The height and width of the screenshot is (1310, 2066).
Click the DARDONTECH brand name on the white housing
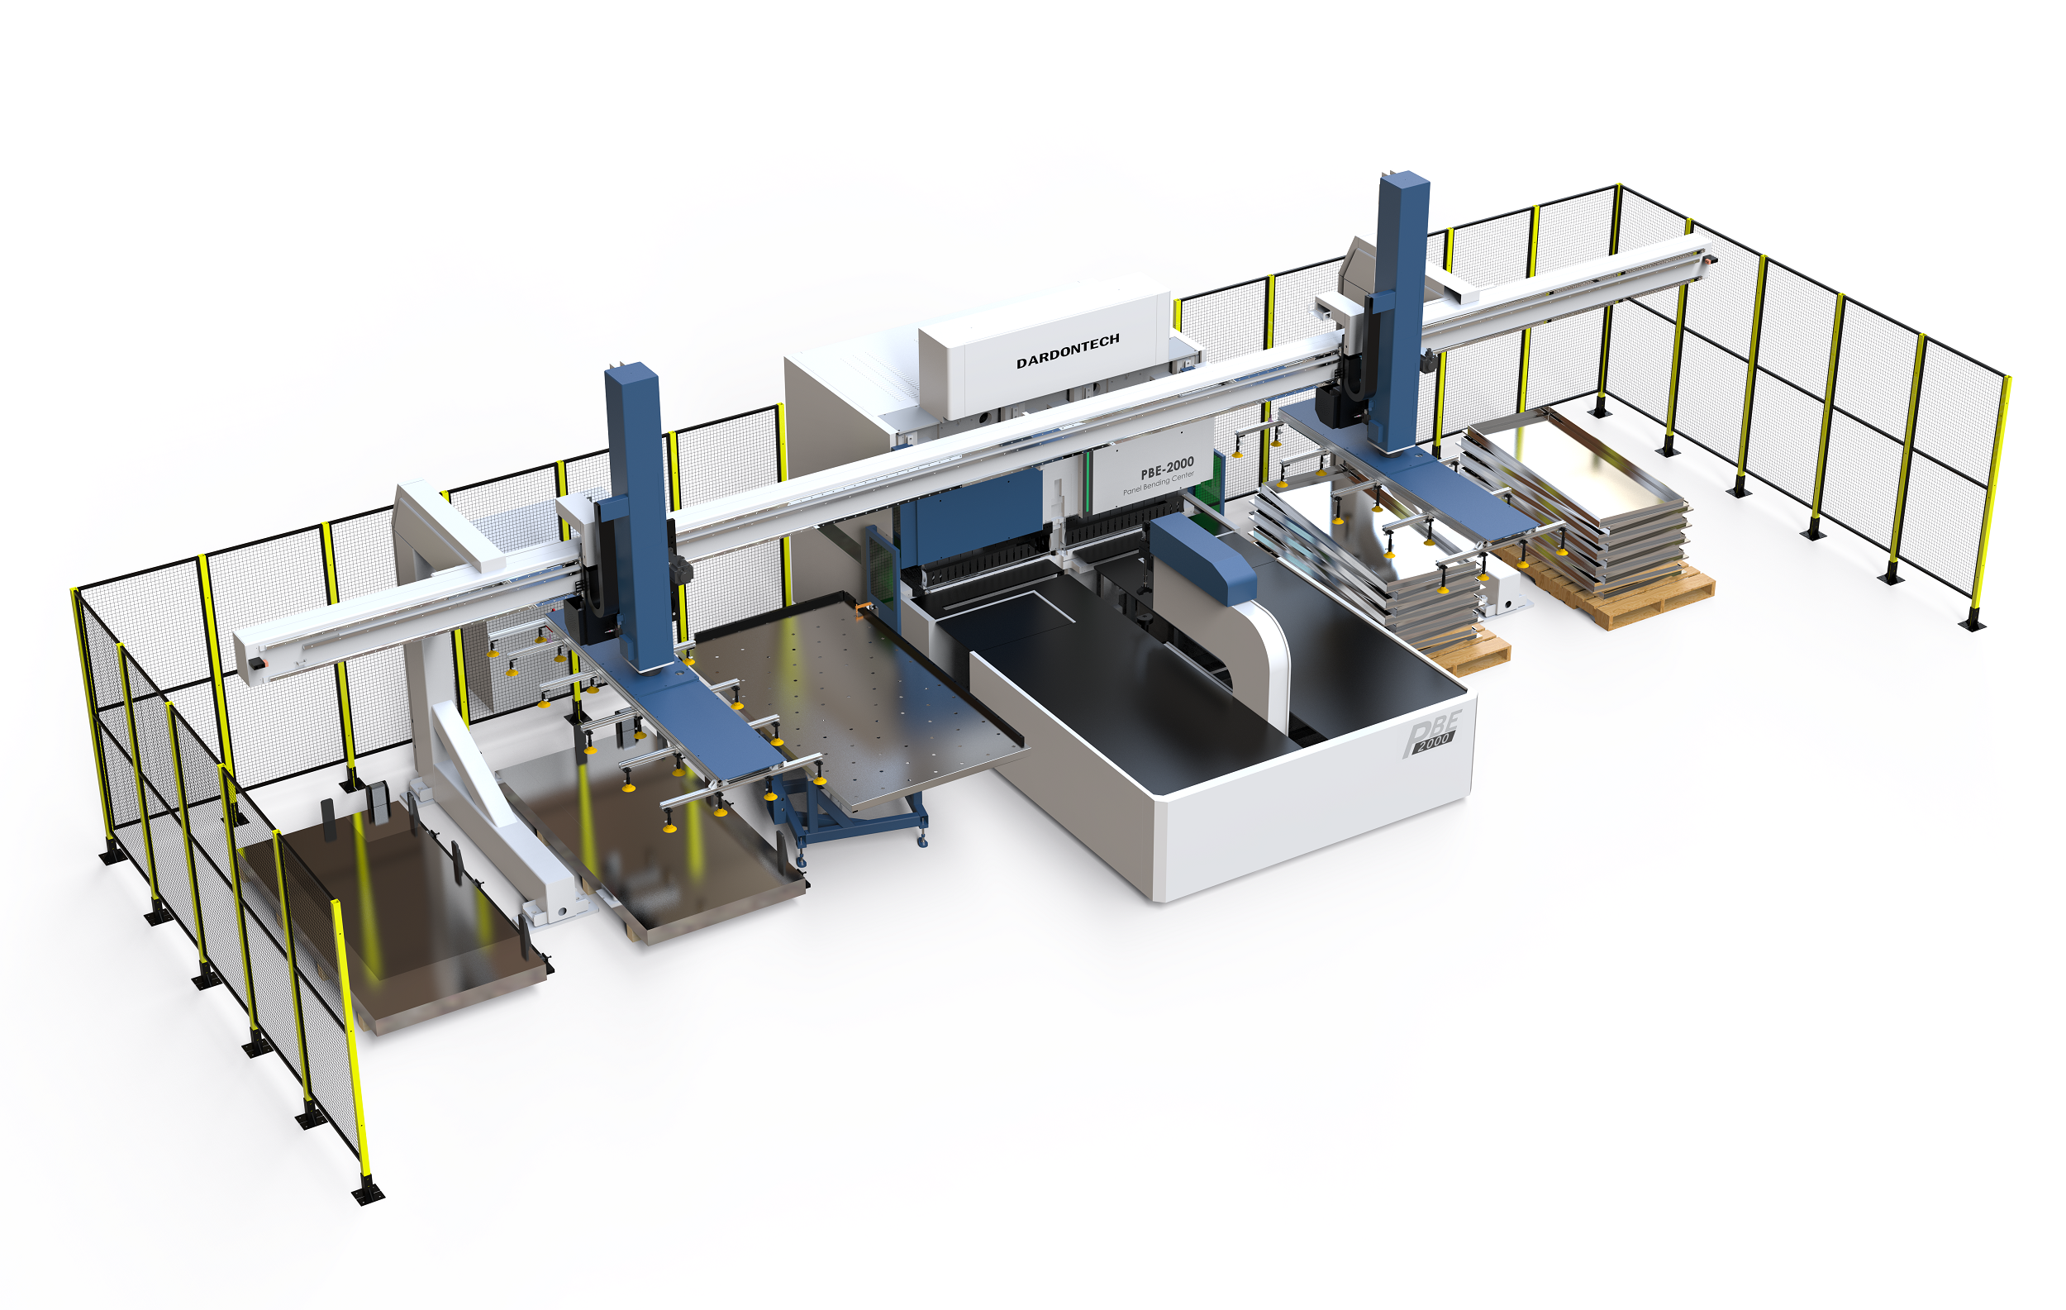pos(1068,351)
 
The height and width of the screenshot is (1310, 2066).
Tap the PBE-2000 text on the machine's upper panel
pos(1167,469)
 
